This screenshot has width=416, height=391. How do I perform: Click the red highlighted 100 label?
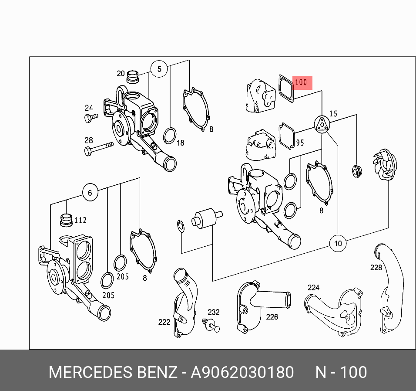point(302,82)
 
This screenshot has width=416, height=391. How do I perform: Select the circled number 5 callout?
point(159,69)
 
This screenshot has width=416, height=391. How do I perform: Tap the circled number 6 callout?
point(90,193)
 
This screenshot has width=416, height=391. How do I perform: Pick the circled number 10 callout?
point(338,243)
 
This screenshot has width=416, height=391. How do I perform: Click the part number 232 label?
point(213,312)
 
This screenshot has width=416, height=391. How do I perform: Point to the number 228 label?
point(376,268)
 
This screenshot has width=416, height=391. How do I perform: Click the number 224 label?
point(313,288)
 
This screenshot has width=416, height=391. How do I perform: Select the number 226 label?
point(272,317)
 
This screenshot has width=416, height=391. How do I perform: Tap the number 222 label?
point(164,322)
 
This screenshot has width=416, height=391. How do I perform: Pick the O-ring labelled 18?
point(170,136)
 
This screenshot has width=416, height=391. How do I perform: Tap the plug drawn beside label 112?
point(66,220)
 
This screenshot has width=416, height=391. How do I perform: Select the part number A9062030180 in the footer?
point(242,373)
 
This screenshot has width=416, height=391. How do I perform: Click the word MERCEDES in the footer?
point(90,373)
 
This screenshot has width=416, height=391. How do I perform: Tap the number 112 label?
point(81,220)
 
